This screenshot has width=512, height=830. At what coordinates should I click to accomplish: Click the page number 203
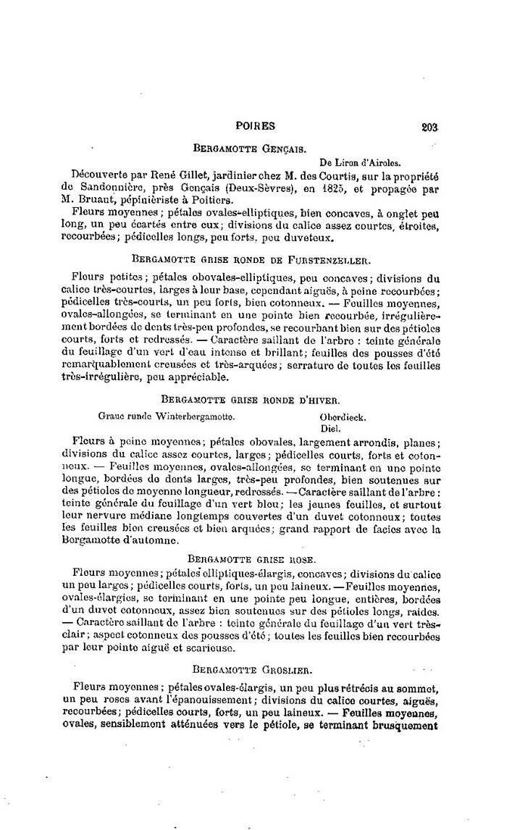429,126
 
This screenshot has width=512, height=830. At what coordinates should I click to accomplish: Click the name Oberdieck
343,417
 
